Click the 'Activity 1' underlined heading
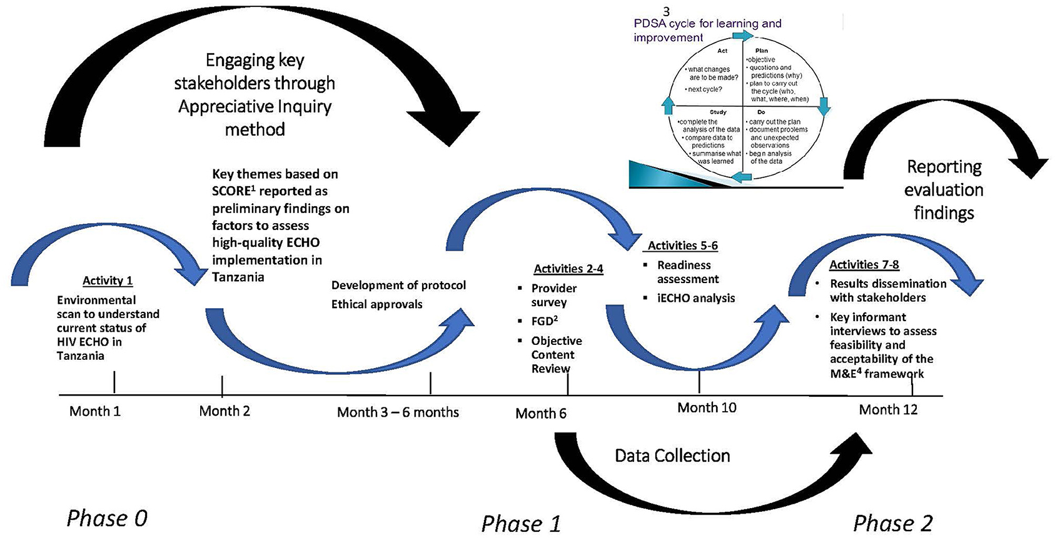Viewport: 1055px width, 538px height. [108, 281]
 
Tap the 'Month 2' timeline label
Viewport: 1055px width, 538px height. [225, 411]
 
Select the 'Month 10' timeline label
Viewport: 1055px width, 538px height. [707, 408]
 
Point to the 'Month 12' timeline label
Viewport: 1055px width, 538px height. [888, 410]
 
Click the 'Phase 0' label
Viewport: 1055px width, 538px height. [107, 518]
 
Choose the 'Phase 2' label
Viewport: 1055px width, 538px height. [892, 523]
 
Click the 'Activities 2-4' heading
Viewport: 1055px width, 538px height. [568, 269]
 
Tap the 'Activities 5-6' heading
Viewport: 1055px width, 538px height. [682, 246]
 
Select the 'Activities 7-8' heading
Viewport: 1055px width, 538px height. [864, 264]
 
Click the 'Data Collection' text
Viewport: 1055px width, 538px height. [672, 456]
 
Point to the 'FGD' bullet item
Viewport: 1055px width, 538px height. [544, 321]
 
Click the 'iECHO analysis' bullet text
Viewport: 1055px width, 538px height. [695, 298]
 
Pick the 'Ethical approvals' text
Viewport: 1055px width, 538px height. [376, 304]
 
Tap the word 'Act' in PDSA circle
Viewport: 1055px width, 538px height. [722, 51]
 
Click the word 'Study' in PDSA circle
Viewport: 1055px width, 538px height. [717, 112]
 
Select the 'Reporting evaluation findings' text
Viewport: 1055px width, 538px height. [944, 190]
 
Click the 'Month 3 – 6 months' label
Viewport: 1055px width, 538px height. [398, 412]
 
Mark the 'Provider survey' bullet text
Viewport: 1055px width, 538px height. [553, 295]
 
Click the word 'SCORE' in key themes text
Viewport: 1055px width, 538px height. [231, 191]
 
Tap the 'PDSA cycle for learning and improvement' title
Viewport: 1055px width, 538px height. [707, 30]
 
